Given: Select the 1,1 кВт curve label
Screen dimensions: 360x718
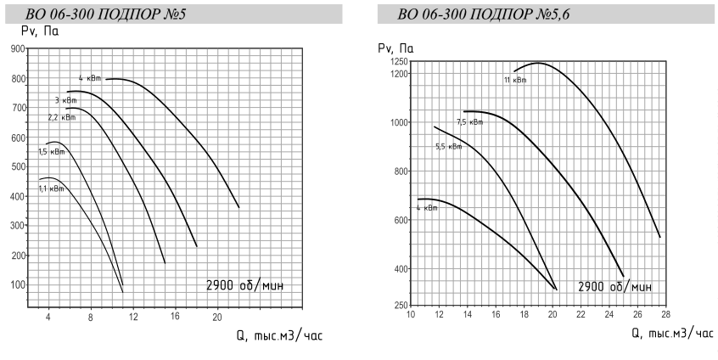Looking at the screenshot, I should pyautogui.click(x=50, y=188).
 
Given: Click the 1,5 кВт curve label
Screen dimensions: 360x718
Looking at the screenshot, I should pyautogui.click(x=51, y=152).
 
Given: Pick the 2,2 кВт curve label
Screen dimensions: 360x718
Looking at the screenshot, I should pyautogui.click(x=62, y=117).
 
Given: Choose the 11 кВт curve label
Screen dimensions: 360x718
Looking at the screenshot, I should pyautogui.click(x=514, y=81).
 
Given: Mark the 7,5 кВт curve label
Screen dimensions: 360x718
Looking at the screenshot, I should pyautogui.click(x=469, y=122).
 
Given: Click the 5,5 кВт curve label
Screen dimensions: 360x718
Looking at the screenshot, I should pyautogui.click(x=448, y=146).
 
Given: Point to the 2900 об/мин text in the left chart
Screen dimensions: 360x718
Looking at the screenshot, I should pyautogui.click(x=244, y=285).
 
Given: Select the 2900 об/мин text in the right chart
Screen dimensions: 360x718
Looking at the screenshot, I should pyautogui.click(x=615, y=286).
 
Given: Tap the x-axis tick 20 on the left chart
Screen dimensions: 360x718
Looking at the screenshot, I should pyautogui.click(x=216, y=317).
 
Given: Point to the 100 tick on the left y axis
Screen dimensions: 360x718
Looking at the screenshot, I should pyautogui.click(x=17, y=284).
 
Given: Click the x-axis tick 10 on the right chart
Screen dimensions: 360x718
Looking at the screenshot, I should pyautogui.click(x=412, y=316).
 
